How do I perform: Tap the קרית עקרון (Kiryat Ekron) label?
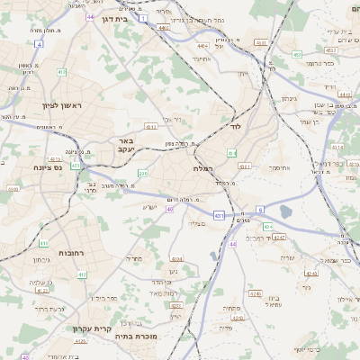click(x=92, y=329)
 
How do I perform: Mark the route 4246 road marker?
click(x=254, y=293)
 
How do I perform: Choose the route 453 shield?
click(x=296, y=55)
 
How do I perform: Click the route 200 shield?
click(x=142, y=174)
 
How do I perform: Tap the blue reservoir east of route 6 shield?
click(x=286, y=212)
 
